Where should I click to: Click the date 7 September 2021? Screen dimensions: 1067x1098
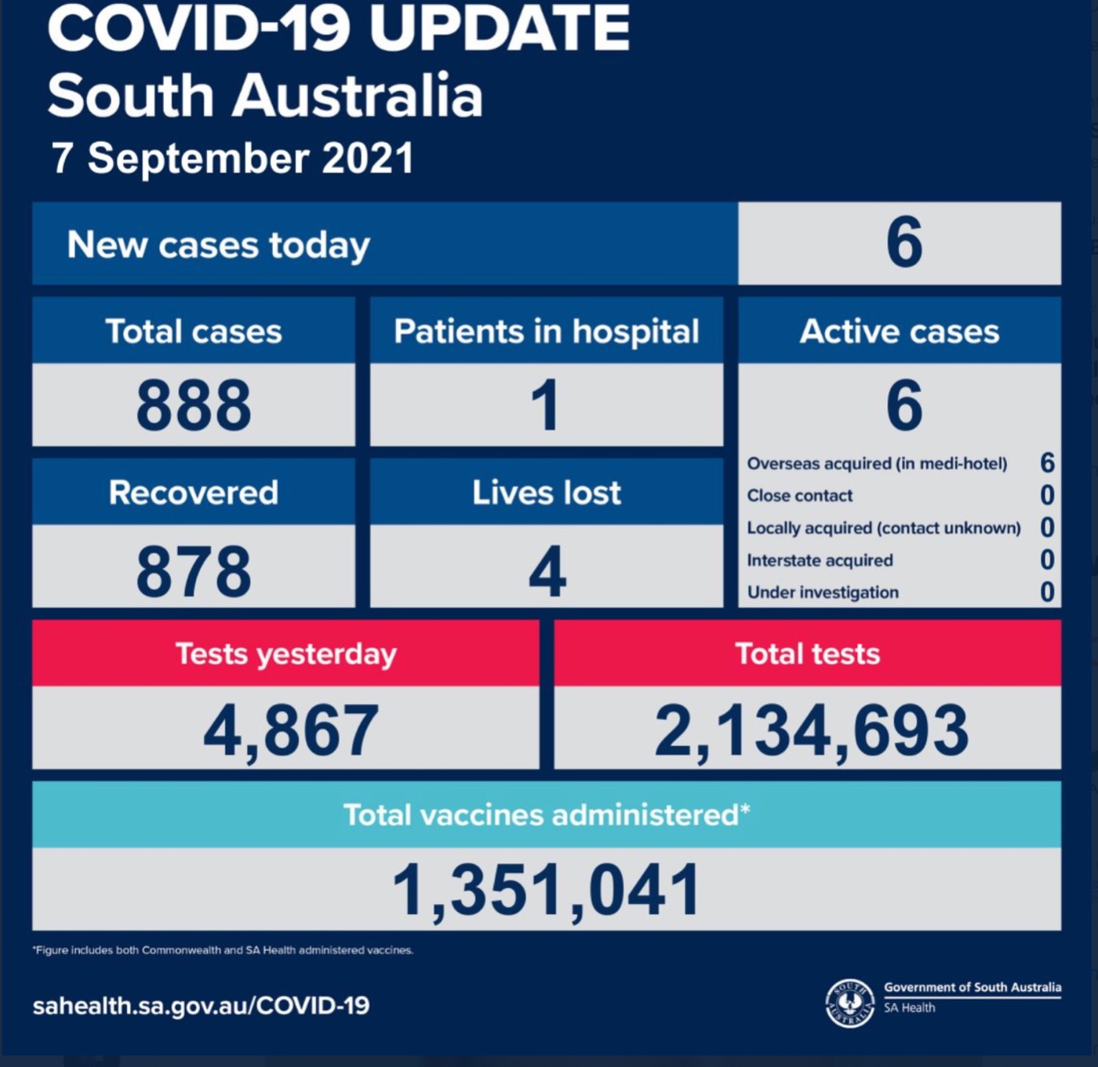coord(232,158)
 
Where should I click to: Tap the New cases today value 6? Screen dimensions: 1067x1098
coord(903,242)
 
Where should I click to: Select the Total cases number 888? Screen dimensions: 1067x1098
coord(194,406)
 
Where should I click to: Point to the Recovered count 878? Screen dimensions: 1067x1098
coord(194,571)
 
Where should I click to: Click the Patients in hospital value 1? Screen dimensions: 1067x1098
coord(545,406)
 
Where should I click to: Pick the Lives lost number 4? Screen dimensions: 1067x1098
coord(547,571)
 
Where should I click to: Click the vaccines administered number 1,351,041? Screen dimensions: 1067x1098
coord(546,890)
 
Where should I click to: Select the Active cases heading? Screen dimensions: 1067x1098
coord(900,331)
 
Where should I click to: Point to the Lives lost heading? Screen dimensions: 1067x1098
coord(546,493)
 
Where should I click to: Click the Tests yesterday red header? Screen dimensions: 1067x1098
coord(285,654)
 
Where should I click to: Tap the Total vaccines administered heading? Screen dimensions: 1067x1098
coord(546,815)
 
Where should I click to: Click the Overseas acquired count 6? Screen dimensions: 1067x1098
coord(1047,463)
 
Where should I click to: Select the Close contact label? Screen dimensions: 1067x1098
coord(799,496)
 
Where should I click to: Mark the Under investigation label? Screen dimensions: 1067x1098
coord(823,592)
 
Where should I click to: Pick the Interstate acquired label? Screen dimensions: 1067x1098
coord(820,560)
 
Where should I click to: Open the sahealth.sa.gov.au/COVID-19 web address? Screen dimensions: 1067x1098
coord(201,1006)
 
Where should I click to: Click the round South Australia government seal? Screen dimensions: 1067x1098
coord(849,1003)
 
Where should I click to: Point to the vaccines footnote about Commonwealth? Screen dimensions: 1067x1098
coord(223,950)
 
